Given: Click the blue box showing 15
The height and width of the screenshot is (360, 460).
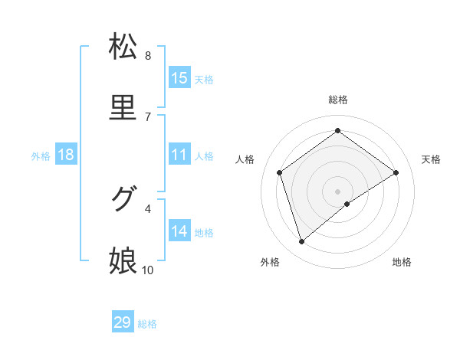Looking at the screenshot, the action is coord(179,78).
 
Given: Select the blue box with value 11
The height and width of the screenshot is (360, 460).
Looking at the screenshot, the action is coord(179,155).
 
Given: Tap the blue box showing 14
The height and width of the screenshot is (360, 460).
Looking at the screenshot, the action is coord(179,231).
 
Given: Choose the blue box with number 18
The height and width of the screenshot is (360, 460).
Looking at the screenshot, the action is coord(66,155).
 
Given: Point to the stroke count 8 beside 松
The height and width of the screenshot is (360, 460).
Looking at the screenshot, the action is coord(147,56).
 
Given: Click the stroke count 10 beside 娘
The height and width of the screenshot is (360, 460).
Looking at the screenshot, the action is coord(147,270).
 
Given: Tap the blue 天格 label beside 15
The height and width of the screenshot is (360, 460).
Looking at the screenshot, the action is coord(204,80).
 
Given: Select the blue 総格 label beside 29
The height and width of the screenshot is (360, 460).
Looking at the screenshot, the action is coord(147,324).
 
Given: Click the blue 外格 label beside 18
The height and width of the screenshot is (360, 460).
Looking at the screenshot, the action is coord(41,156).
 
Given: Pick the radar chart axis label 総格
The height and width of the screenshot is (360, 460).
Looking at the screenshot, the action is coord(337,100).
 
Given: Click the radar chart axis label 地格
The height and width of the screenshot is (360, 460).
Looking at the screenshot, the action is coord(402,262).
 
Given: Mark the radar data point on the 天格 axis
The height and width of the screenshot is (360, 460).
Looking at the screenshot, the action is coord(396,172).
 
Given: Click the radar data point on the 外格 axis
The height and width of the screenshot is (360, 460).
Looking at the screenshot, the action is coord(301,242).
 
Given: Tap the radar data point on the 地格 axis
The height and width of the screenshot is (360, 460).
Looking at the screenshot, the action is coord(347,204).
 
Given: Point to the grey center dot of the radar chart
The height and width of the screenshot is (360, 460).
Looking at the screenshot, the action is coord(337,191).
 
